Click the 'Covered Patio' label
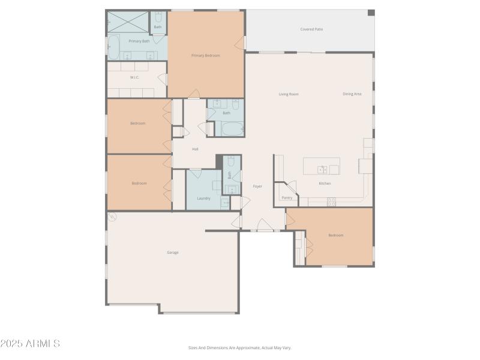[x=311, y=29]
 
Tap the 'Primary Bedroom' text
[x=205, y=55]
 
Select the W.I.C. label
[x=134, y=77]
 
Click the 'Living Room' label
[x=289, y=94]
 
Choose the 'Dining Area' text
[x=352, y=94]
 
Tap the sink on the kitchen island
[x=322, y=169]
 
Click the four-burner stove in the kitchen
[x=331, y=202]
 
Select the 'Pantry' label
[x=287, y=197]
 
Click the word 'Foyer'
[x=257, y=186]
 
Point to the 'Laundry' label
[x=203, y=197]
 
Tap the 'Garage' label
[x=173, y=252]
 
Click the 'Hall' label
[x=195, y=149]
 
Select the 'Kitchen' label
[x=325, y=183]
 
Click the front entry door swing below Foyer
[x=265, y=225]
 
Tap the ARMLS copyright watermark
[x=30, y=344]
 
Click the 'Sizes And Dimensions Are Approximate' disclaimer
[x=239, y=347]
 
